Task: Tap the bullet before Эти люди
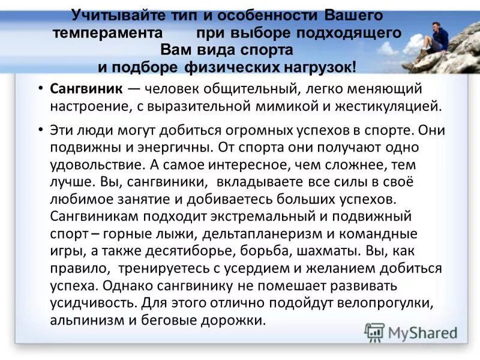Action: [x=40, y=130]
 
